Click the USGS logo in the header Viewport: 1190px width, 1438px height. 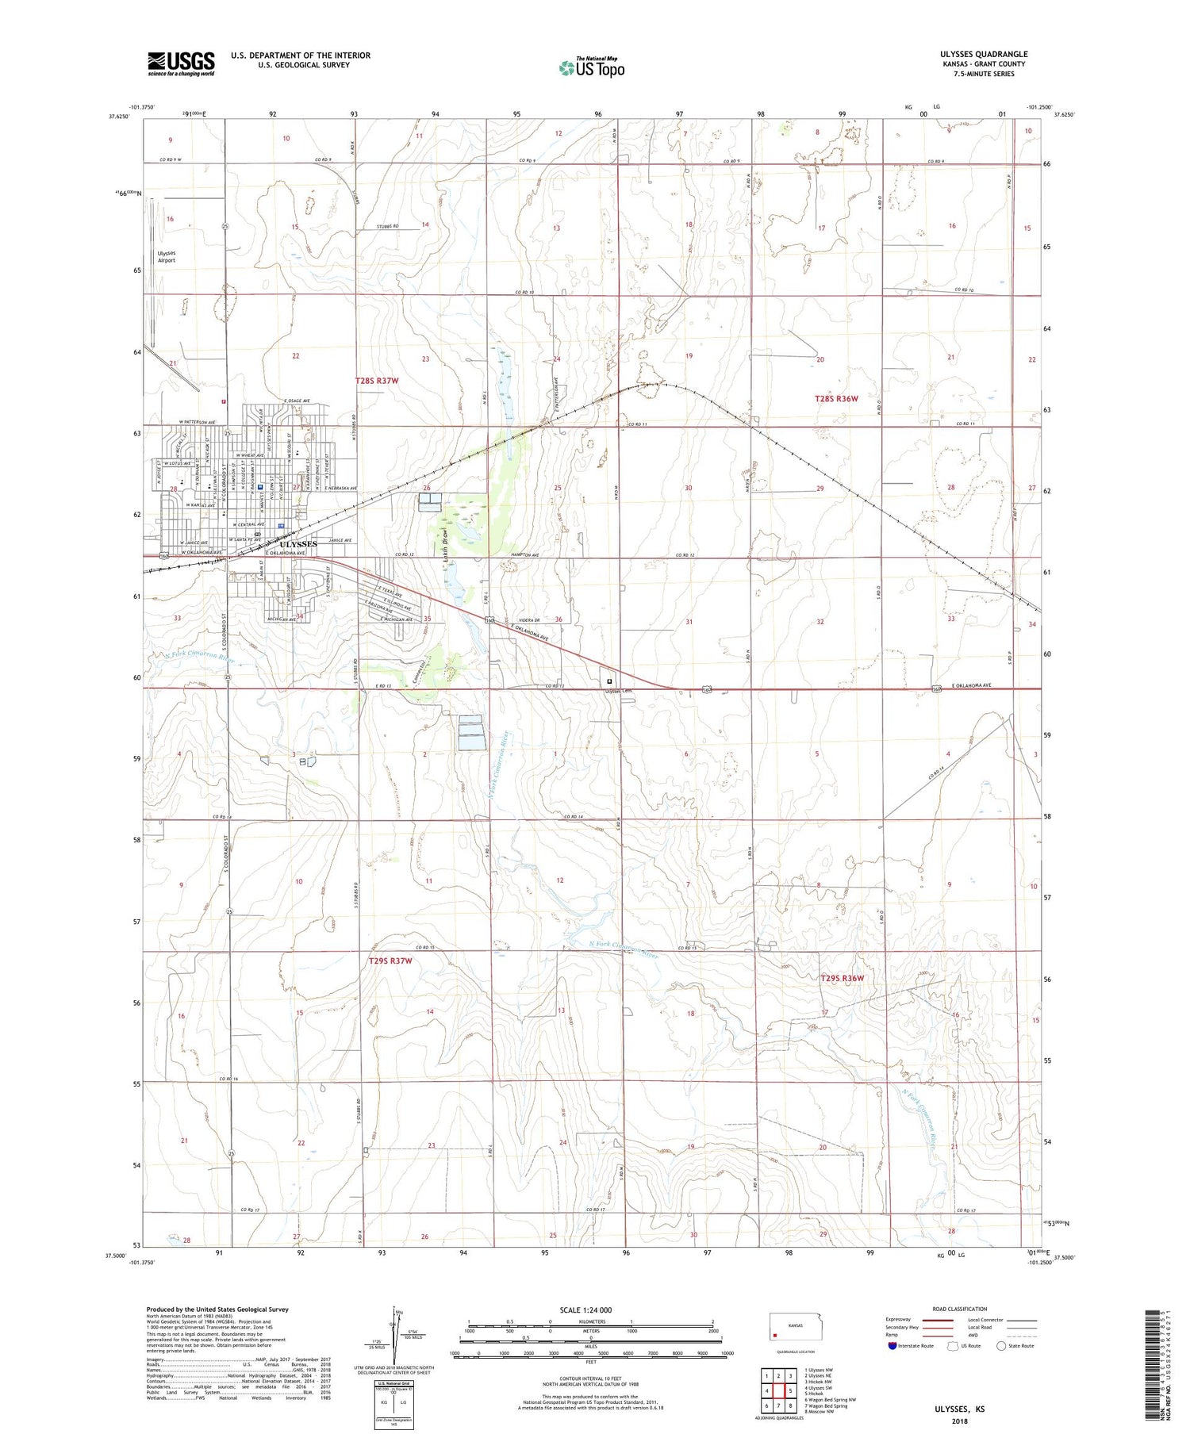[x=181, y=63]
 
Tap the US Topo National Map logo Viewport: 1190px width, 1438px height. [x=592, y=68]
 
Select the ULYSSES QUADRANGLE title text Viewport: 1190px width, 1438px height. [x=983, y=54]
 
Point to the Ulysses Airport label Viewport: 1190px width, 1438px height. [x=167, y=256]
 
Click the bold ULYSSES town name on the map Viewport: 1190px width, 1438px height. [x=298, y=544]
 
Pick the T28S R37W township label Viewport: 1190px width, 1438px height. [x=376, y=381]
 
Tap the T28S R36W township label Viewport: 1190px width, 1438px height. [x=836, y=398]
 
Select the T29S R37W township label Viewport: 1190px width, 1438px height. [x=390, y=961]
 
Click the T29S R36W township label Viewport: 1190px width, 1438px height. [x=841, y=978]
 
